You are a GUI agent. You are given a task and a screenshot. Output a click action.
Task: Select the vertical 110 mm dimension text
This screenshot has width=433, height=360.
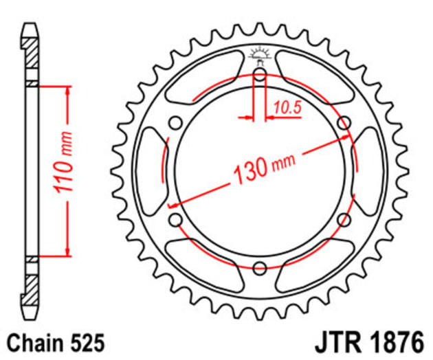(63, 170)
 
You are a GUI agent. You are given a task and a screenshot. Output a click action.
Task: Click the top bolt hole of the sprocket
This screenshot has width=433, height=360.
(260, 75)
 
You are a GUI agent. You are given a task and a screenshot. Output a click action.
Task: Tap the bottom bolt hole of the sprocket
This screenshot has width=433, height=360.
(260, 267)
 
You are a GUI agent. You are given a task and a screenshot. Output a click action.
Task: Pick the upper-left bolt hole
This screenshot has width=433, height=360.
(176, 123)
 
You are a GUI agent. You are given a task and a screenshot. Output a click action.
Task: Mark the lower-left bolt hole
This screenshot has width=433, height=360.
(176, 219)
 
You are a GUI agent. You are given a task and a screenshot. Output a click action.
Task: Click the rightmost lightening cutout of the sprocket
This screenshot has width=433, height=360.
(368, 171)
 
